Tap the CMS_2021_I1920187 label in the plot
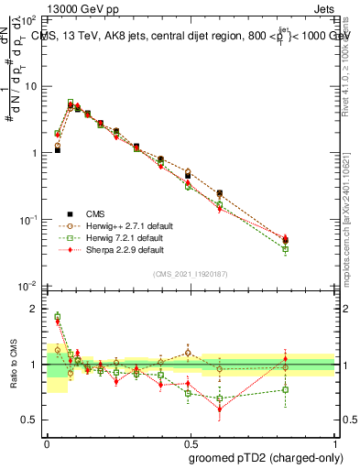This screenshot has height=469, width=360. pos(190,274)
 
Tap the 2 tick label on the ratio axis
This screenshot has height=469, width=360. pos(34,309)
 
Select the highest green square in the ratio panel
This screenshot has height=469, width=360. pos(58,317)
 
